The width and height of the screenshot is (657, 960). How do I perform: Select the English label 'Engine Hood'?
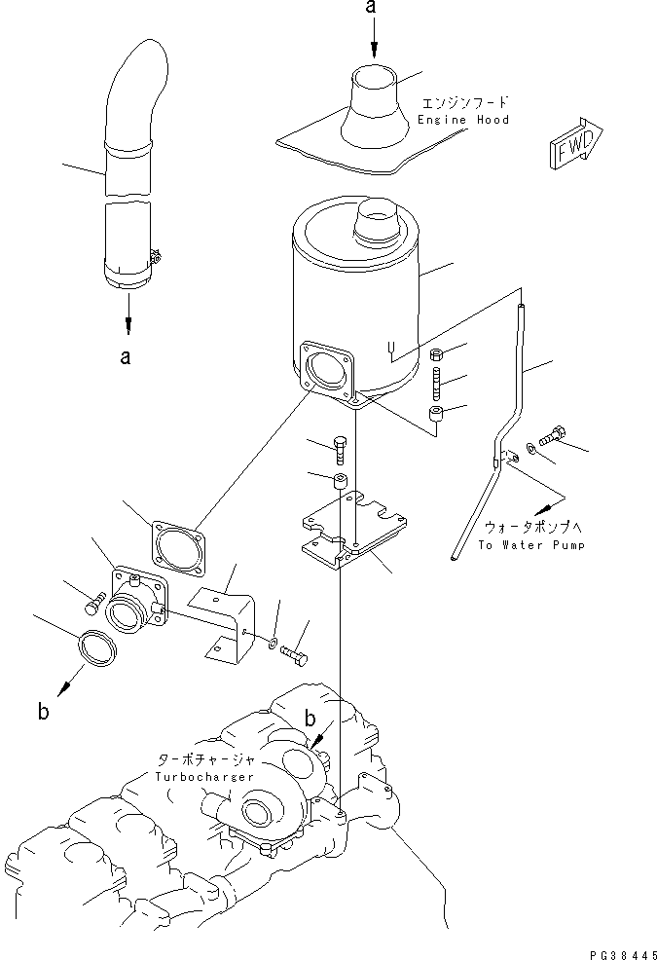pos(463,120)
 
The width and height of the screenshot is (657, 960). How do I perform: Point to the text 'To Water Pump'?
pos(531,545)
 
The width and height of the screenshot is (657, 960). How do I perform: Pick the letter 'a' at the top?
pos(370,8)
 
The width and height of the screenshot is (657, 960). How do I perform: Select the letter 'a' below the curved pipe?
pos(124,357)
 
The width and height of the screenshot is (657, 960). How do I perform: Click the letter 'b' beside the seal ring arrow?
pos(42,712)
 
